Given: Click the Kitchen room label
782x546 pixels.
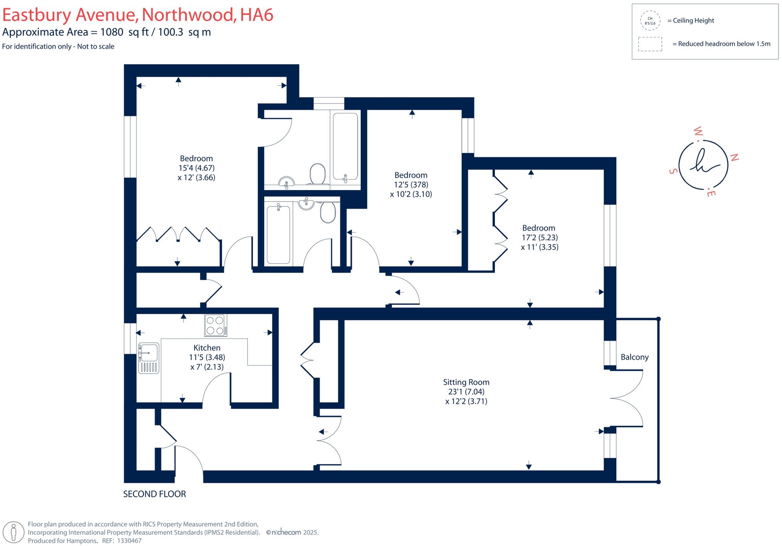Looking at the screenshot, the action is [x=207, y=348].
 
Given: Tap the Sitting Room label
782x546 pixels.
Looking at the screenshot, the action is [x=466, y=382].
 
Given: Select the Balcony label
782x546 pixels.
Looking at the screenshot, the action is [x=635, y=357].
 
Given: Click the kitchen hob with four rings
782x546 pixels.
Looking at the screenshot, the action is [x=215, y=325].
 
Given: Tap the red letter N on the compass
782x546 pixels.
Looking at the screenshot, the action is [x=734, y=157].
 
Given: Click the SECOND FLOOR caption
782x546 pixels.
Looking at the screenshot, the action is [x=154, y=494].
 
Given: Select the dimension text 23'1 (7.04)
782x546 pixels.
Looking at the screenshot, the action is [x=466, y=391].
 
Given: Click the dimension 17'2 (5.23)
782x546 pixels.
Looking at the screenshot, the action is [x=539, y=237].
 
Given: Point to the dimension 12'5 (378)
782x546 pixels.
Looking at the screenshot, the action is [x=411, y=184].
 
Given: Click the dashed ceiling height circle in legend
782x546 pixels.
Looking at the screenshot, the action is [x=650, y=21].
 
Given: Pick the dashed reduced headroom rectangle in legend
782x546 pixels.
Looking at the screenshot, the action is [x=650, y=44].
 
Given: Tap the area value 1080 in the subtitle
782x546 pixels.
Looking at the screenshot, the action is [x=111, y=32].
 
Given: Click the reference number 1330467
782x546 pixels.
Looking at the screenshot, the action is [x=129, y=541].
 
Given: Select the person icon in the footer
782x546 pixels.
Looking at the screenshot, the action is [x=14, y=532].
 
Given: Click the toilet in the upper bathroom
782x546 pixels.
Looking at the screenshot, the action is [x=317, y=174].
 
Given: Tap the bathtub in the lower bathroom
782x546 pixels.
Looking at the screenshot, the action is [x=278, y=234].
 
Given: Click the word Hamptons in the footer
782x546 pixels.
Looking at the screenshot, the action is [x=81, y=541].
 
